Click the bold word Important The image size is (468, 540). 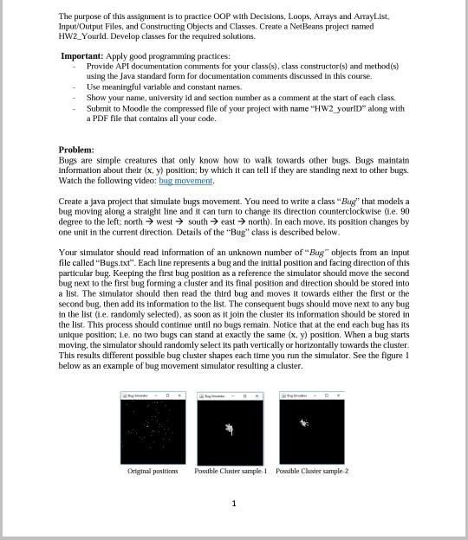click(x=81, y=55)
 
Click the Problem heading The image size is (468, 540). click(x=76, y=150)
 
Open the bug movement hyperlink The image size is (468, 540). click(x=185, y=181)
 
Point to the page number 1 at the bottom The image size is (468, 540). click(x=234, y=503)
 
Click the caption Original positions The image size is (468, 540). click(x=153, y=472)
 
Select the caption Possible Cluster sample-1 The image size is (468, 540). click(x=231, y=472)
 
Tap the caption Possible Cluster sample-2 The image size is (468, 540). click(x=312, y=472)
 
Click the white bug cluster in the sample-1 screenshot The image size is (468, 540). click(x=229, y=428)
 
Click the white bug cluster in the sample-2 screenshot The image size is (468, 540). click(x=303, y=422)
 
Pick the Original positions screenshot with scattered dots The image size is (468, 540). click(x=153, y=431)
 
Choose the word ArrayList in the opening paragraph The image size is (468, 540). click(x=370, y=16)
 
